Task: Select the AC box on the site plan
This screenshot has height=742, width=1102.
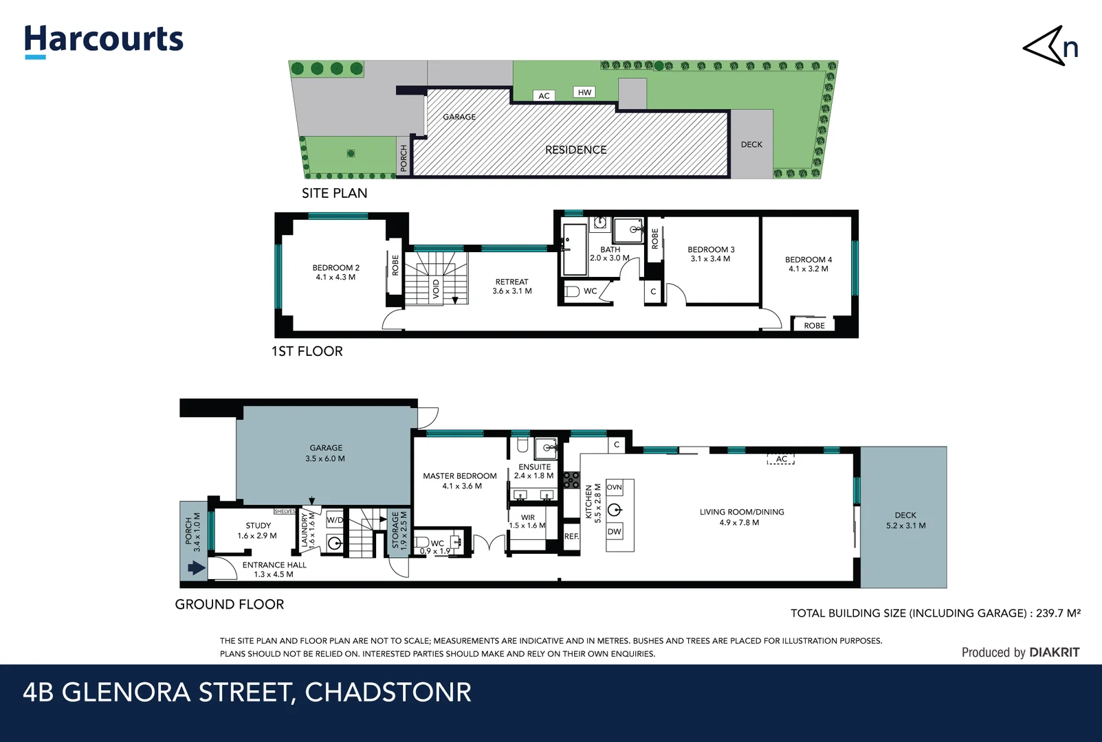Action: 544,95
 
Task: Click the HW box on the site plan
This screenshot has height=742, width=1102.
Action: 584,92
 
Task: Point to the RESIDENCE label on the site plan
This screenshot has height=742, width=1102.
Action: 575,150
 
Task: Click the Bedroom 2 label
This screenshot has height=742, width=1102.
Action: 335,272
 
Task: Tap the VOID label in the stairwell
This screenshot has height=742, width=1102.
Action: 436,289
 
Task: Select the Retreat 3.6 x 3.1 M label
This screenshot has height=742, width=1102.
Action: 511,286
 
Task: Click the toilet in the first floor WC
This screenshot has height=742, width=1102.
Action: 572,291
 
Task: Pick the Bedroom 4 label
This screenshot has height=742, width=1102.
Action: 808,264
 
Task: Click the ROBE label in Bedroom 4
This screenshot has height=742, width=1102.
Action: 814,326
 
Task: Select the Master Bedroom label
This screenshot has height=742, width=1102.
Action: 459,480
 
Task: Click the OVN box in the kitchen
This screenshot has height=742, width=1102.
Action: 614,487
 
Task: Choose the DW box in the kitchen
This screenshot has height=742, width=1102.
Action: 614,531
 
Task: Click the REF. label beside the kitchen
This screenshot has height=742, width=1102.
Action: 571,536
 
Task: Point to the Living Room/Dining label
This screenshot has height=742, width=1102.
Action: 741,517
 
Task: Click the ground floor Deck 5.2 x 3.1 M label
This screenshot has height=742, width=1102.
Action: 905,520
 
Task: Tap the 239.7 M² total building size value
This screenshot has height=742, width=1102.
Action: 1058,613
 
